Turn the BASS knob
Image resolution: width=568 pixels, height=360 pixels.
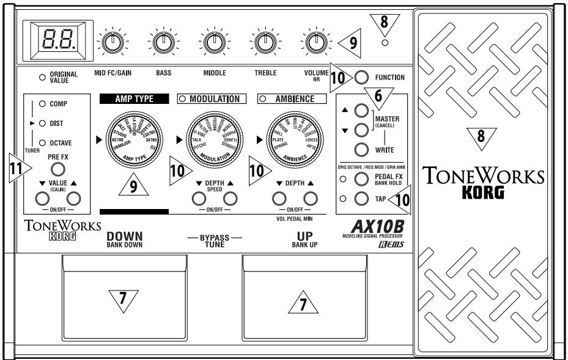(x=162, y=42)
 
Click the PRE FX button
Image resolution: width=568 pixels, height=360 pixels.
(x=57, y=169)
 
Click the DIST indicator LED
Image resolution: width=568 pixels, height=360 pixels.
(x=42, y=123)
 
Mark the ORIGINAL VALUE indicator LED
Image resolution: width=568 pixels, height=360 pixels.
(x=42, y=76)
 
